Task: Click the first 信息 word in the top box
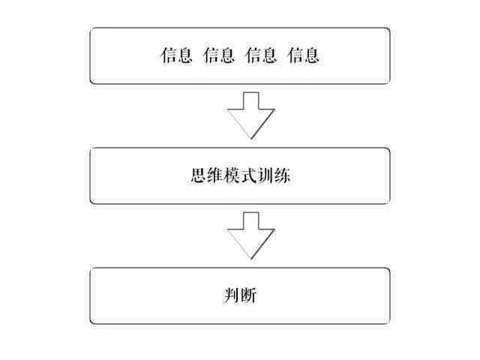click(x=176, y=55)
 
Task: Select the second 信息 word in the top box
click(x=218, y=55)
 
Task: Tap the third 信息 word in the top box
click(x=261, y=55)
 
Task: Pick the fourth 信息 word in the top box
click(x=303, y=55)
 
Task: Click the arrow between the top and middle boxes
click(x=251, y=115)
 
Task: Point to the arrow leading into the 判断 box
click(x=251, y=235)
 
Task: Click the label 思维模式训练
click(x=240, y=175)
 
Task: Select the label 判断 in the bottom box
click(x=240, y=295)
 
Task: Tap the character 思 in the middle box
click(x=198, y=175)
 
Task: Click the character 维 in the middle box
click(x=215, y=175)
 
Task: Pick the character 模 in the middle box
click(x=232, y=175)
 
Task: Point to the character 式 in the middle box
click(x=248, y=175)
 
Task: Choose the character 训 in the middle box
click(x=265, y=175)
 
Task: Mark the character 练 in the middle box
click(x=282, y=175)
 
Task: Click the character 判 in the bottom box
click(x=232, y=295)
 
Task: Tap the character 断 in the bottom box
click(x=248, y=295)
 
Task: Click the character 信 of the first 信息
click(x=168, y=55)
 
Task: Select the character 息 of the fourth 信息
click(x=311, y=55)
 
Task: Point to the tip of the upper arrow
click(x=251, y=139)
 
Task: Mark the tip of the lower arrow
click(x=251, y=259)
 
